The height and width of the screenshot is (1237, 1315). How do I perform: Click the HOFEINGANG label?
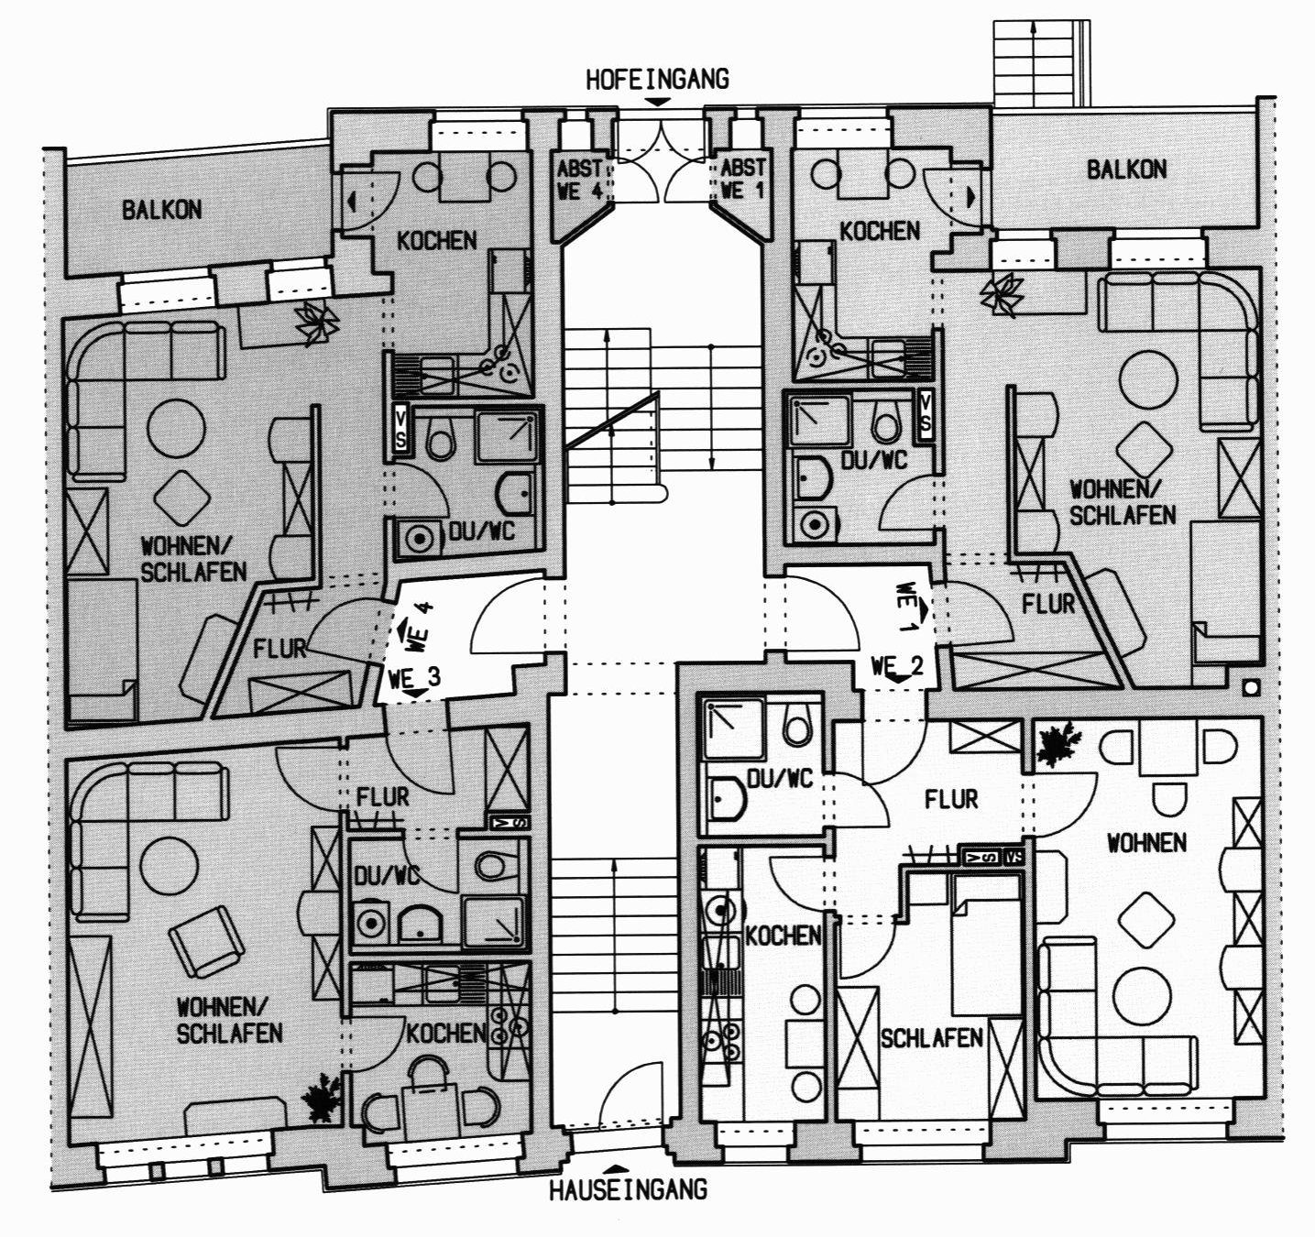click(657, 79)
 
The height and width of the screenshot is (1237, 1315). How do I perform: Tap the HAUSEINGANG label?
click(628, 1190)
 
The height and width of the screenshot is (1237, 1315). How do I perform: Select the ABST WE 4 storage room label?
click(579, 179)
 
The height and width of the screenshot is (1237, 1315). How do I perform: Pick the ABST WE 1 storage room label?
click(742, 179)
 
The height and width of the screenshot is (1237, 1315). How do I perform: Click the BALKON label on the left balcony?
click(161, 211)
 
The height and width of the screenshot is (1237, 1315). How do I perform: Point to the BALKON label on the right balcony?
click(1126, 170)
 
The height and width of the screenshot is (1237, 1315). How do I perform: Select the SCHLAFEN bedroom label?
click(931, 1037)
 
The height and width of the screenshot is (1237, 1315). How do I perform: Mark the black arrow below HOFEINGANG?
click(657, 102)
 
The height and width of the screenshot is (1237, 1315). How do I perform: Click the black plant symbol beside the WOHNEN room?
click(1059, 745)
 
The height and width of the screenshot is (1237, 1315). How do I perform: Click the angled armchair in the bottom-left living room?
click(206, 941)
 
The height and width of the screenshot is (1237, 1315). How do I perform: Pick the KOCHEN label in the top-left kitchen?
click(436, 240)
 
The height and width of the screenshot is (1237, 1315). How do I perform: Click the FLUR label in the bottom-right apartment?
click(951, 799)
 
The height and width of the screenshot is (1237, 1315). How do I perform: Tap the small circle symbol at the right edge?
click(1251, 689)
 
